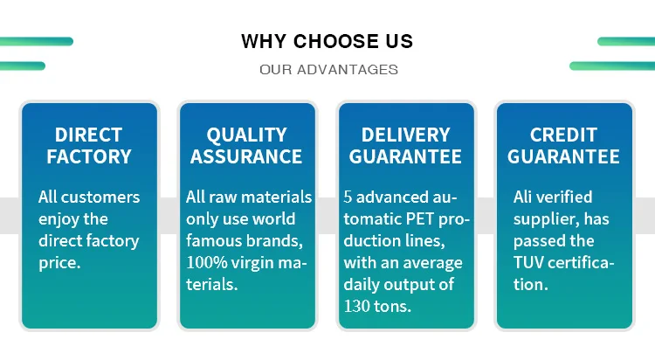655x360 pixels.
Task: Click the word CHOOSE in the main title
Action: [x=331, y=41]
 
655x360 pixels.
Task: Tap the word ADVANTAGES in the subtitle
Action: [x=348, y=69]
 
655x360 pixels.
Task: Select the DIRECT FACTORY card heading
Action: [x=89, y=146]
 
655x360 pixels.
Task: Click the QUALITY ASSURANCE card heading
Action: [x=246, y=146]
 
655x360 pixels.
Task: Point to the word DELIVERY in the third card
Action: [x=405, y=135]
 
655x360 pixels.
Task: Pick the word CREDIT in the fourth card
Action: [x=563, y=135]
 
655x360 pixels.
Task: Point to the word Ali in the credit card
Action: [x=523, y=197]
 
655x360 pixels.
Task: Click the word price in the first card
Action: [x=59, y=263]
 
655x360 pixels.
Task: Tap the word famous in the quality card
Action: [x=209, y=241]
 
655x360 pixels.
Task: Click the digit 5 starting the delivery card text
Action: [x=348, y=197]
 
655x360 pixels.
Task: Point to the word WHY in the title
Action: [x=264, y=41]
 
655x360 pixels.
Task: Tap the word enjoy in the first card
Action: [x=58, y=220]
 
